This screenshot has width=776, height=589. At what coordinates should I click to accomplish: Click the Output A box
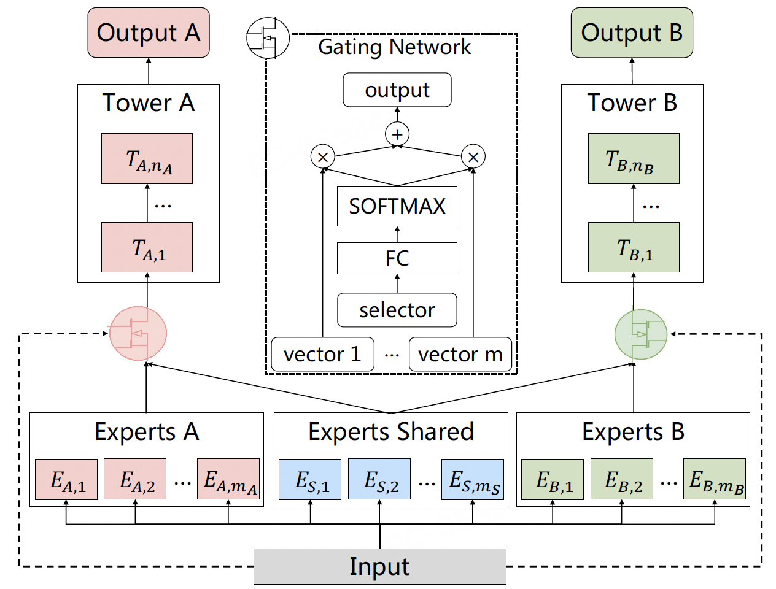click(x=149, y=33)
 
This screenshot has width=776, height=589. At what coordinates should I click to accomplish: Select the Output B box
click(x=632, y=33)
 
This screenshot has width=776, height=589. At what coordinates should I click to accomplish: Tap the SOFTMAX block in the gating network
click(x=397, y=206)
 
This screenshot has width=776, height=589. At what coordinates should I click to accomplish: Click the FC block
click(x=397, y=258)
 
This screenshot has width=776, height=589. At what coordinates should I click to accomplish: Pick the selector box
click(x=397, y=310)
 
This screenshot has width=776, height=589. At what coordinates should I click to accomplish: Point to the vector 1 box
click(x=322, y=354)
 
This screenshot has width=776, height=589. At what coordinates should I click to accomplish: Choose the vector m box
click(x=460, y=354)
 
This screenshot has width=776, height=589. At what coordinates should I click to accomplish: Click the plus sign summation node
click(x=397, y=134)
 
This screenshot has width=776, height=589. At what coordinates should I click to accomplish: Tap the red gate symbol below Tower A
click(x=138, y=334)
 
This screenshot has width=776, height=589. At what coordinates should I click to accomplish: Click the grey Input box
click(x=379, y=566)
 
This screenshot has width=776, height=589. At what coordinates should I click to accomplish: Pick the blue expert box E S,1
click(x=310, y=479)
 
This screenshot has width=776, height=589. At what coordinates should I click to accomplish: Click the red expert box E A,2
click(x=135, y=479)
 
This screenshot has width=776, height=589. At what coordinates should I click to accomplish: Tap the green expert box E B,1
click(x=553, y=479)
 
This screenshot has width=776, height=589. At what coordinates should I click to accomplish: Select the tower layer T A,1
click(x=147, y=247)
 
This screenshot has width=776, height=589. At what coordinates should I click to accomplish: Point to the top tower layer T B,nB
click(x=634, y=158)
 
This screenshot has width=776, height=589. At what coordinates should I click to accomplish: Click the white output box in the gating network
click(x=397, y=90)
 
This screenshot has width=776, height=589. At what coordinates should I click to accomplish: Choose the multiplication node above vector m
click(x=473, y=156)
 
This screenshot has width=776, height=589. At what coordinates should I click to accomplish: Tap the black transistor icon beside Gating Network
click(x=268, y=37)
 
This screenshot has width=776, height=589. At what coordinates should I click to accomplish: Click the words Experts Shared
click(x=391, y=432)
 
